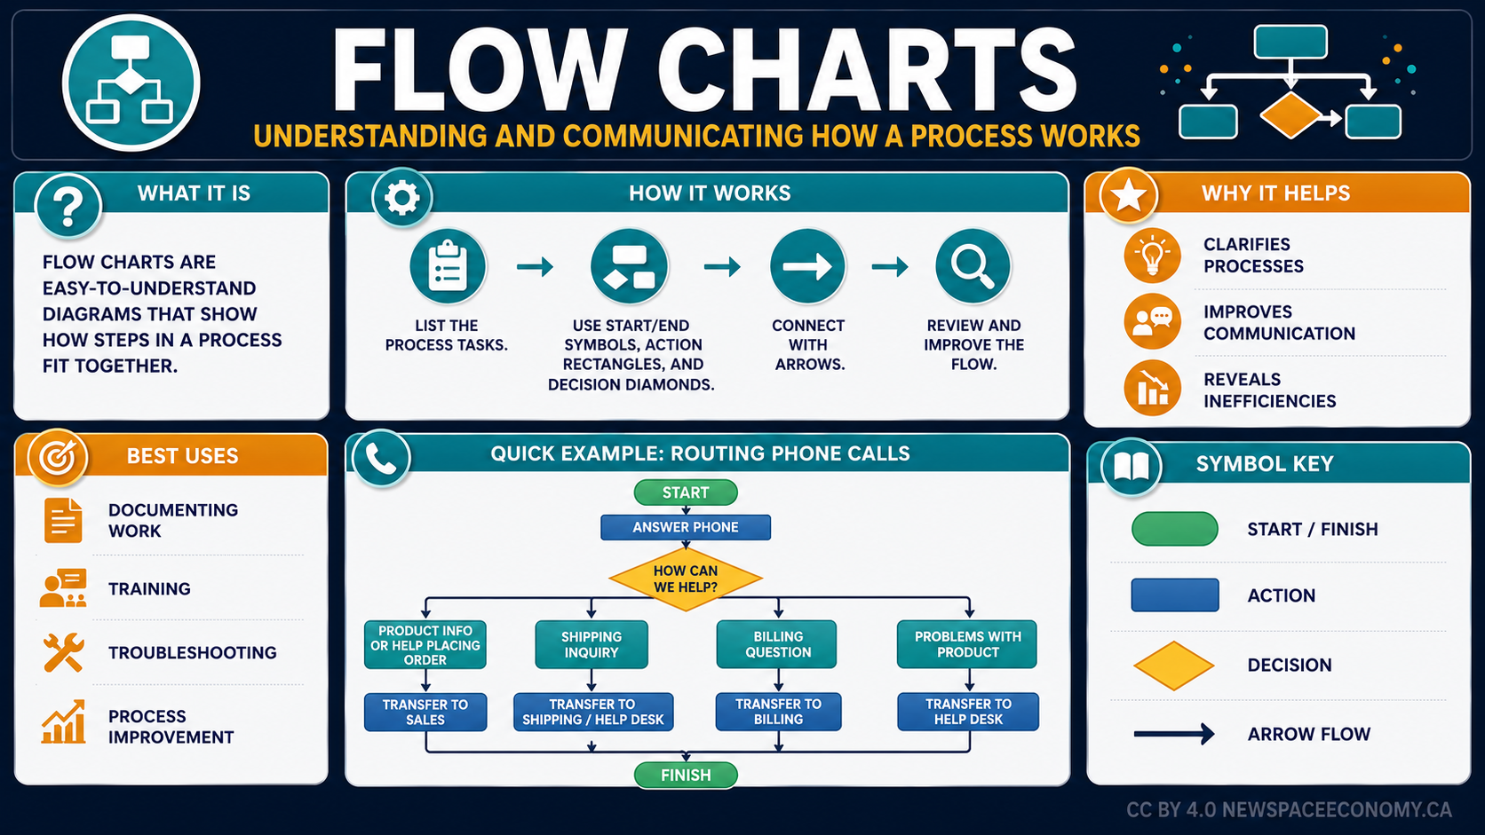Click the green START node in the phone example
[x=686, y=492]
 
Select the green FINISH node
[x=686, y=775]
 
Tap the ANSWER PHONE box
[x=686, y=527]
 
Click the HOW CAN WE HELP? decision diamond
[x=686, y=579]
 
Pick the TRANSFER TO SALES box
[x=425, y=712]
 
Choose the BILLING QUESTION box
[x=777, y=644]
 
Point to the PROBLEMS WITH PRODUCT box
[x=967, y=644]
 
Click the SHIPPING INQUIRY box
[x=592, y=644]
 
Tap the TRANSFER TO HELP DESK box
[x=968, y=712]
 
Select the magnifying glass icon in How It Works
[x=973, y=266]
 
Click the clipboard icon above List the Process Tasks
[x=448, y=266]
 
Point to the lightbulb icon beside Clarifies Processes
[x=1152, y=255]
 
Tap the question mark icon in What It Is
[x=68, y=206]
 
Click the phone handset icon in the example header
[x=381, y=458]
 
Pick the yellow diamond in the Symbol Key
[x=1173, y=666]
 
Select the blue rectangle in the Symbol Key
[x=1175, y=595]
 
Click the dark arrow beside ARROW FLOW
[x=1174, y=734]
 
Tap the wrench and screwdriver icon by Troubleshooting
[x=64, y=652]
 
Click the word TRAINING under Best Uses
[x=149, y=588]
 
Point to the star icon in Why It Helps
[x=1128, y=196]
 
